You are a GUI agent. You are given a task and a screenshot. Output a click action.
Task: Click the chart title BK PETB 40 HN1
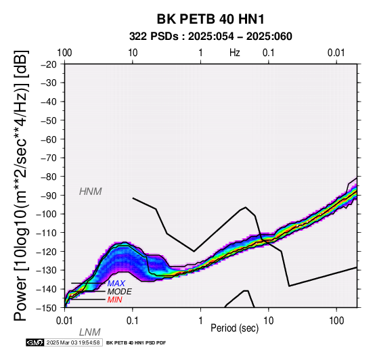211,19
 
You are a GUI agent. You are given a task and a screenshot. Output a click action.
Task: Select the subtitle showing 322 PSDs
211,37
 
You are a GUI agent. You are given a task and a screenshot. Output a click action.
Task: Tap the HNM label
91,192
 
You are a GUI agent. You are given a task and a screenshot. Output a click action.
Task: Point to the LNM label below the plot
89,332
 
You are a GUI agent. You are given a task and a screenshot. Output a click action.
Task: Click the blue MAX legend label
116,284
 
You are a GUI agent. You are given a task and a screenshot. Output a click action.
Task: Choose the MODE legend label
119,292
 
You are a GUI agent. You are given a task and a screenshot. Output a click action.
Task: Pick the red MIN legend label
115,300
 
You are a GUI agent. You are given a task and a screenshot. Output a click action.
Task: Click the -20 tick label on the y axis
49,64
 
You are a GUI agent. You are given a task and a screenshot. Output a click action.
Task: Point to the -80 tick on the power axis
49,177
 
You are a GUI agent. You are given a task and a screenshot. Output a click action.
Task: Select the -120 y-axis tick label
47,252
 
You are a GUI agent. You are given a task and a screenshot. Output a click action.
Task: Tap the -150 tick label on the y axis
47,308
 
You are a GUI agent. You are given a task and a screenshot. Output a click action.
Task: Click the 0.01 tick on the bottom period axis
64,321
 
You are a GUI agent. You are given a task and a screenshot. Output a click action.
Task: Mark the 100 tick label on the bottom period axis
336,321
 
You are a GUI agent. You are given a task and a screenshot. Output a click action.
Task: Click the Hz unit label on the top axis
235,53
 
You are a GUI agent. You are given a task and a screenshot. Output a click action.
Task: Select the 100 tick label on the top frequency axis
64,53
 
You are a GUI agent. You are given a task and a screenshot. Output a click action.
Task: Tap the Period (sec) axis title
235,328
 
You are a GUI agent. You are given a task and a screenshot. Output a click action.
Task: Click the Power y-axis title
21,185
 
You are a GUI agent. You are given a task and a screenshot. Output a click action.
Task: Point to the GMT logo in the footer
35,342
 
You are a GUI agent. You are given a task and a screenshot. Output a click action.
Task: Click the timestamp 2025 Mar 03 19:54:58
73,342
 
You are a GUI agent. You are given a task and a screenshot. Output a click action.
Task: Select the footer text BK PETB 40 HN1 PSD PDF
136,343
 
